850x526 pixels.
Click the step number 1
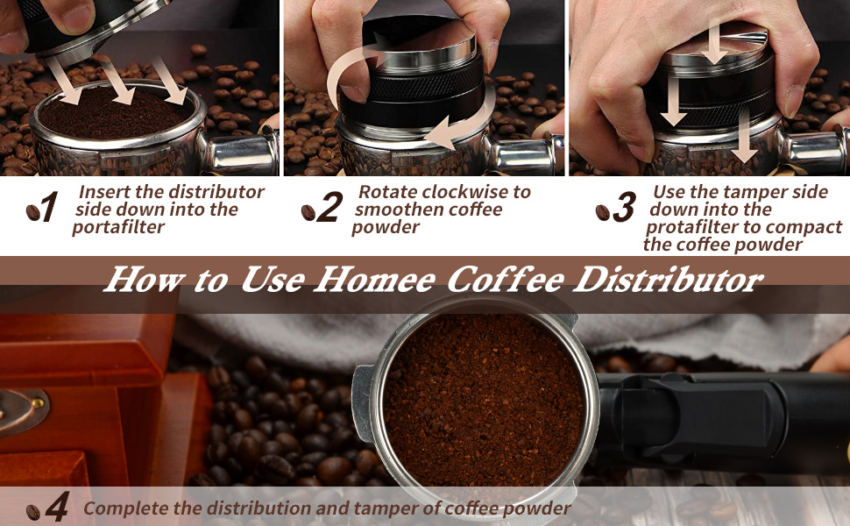pos(49,209)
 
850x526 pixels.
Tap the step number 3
pos(624,209)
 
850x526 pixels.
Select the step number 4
pos(57,509)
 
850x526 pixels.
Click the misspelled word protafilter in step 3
pos(687,227)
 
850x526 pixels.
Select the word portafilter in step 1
pos(117,227)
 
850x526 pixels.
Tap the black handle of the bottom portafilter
pos(719,421)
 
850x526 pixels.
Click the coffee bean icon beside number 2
pos(308,212)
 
